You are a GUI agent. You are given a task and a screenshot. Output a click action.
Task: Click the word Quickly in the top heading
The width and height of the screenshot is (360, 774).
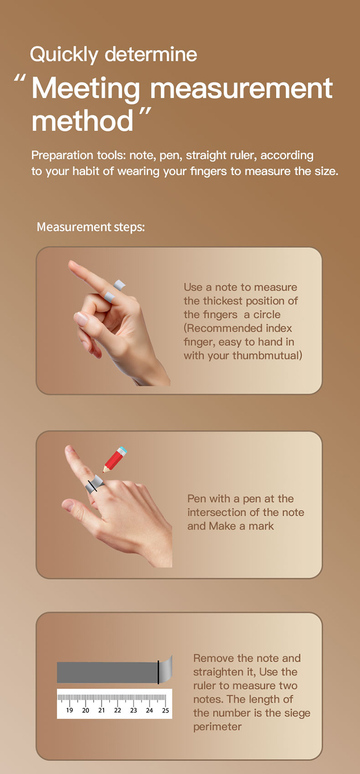click(64, 55)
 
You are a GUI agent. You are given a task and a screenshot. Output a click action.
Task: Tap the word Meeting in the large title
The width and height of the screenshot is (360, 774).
click(86, 89)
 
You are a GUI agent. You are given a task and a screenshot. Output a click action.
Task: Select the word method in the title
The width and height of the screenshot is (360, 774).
click(82, 121)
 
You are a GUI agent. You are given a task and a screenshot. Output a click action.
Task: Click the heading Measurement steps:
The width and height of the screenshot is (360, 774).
click(91, 227)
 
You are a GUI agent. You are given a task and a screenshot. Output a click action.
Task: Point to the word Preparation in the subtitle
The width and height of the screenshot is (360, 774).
click(62, 156)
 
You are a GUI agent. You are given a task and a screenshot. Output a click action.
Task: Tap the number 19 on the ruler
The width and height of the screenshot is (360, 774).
click(70, 710)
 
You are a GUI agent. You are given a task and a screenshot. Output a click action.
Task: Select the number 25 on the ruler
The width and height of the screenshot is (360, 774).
click(165, 710)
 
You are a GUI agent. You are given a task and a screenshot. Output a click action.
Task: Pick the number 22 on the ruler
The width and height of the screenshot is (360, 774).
click(118, 710)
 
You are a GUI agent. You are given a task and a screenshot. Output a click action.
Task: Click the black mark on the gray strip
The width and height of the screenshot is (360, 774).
click(158, 672)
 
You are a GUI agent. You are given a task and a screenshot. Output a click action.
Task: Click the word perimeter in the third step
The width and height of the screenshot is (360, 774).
click(217, 727)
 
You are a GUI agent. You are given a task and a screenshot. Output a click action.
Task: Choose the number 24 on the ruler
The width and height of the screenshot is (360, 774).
click(149, 710)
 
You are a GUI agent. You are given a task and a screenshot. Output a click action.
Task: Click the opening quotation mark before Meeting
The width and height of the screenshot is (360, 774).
click(20, 78)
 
